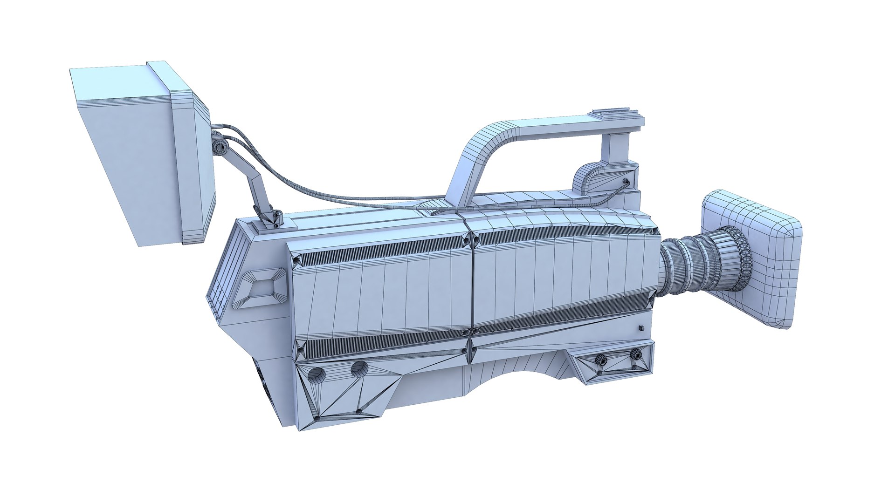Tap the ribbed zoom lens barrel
pos(704,263)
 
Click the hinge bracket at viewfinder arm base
pos(270,218)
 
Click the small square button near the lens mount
pos(642,328)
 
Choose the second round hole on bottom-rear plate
pos(359,369)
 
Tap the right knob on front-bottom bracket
pos(635,354)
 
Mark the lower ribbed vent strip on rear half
pos(380,346)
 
